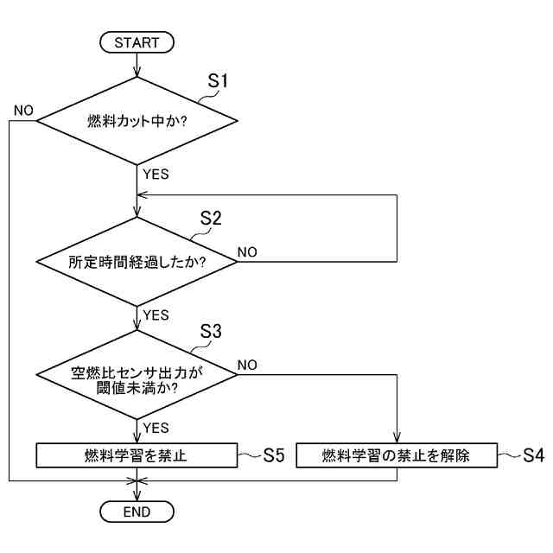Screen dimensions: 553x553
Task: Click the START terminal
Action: tap(137, 41)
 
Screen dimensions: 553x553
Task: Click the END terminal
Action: tap(137, 512)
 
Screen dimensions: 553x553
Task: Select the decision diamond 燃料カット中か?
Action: tap(137, 121)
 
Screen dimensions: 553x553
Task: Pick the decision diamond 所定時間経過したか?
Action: tap(137, 261)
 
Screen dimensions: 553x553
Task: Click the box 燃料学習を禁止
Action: tap(137, 455)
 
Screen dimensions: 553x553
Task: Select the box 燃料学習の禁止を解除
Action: tap(397, 455)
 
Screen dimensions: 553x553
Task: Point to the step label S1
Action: tap(218, 80)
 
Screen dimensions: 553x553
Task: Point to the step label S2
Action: tap(210, 219)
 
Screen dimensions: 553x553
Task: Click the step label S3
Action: tap(210, 331)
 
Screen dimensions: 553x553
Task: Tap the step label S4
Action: tap(533, 455)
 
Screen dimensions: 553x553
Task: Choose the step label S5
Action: tap(274, 455)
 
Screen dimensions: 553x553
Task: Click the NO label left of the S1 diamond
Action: tap(23, 111)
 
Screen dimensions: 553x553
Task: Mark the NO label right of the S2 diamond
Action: tap(247, 252)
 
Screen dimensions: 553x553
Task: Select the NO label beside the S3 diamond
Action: tap(247, 365)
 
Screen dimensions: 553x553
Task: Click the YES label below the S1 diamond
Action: tap(156, 174)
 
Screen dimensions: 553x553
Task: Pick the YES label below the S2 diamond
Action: tap(156, 315)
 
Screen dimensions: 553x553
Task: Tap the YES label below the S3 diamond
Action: tap(156, 428)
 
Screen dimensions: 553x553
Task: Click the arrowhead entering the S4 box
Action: tap(397, 440)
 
